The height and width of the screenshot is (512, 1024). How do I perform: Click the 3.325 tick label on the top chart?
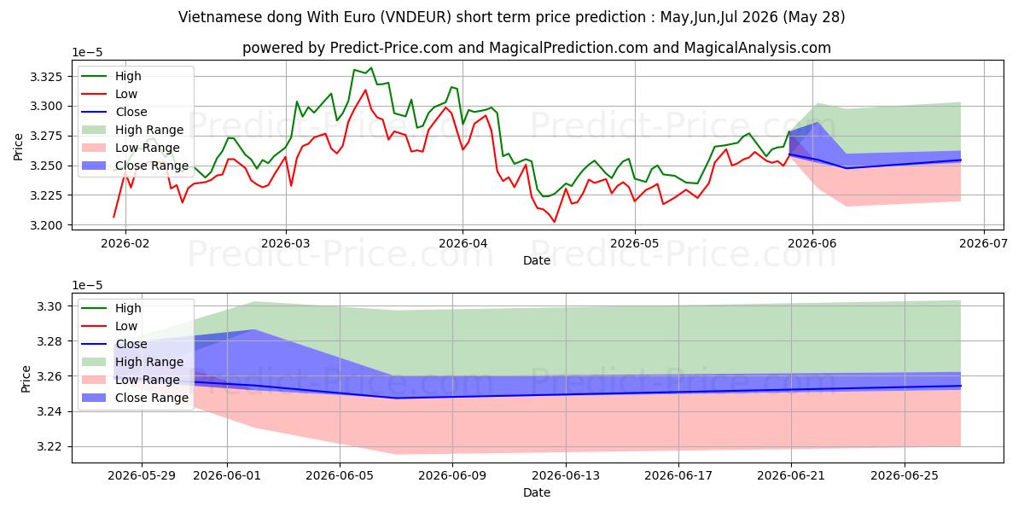[x=46, y=76]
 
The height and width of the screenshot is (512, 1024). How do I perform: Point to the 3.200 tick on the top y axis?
[x=46, y=225]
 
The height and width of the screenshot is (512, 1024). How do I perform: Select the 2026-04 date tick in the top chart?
[x=463, y=244]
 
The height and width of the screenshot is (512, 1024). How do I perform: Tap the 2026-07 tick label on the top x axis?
[x=983, y=244]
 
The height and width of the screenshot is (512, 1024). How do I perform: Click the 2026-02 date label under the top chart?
[x=125, y=244]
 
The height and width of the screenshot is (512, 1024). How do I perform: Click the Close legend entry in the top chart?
[x=131, y=112]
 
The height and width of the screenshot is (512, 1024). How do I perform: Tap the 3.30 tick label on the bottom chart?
[x=49, y=306]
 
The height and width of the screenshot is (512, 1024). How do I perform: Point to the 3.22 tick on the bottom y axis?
[x=49, y=446]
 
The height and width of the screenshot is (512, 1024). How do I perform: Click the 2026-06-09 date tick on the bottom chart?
[x=452, y=476]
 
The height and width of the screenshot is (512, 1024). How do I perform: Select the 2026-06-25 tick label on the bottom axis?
[x=905, y=476]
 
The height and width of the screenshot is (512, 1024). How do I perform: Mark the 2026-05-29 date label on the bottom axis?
[x=142, y=476]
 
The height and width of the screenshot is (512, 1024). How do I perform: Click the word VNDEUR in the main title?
[x=416, y=17]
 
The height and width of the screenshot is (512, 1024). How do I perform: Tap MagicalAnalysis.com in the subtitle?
[x=758, y=48]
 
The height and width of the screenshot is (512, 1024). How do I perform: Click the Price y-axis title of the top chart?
[x=18, y=147]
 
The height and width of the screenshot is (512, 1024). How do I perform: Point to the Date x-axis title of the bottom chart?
[x=537, y=493]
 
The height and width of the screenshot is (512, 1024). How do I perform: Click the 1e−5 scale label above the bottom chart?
[x=87, y=285]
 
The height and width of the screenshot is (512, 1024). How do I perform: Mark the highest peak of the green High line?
[x=371, y=68]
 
